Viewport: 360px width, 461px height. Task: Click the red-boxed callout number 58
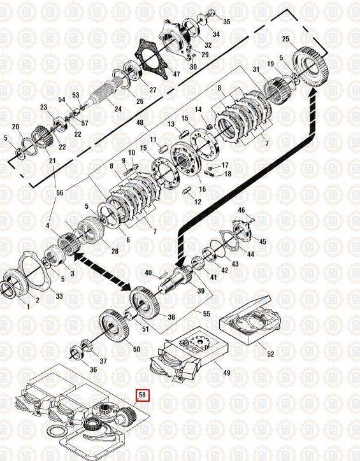(x=142, y=395)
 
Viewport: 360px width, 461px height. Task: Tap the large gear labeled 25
(x=310, y=68)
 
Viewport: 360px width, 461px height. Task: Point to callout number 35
(x=226, y=22)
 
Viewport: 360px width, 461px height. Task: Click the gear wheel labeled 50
(x=114, y=325)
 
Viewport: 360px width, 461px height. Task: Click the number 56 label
(x=60, y=192)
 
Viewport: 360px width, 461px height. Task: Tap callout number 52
(x=270, y=353)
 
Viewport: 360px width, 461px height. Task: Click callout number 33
(x=59, y=296)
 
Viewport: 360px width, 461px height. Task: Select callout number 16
(x=202, y=189)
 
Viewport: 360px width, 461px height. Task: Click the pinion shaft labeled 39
(x=176, y=280)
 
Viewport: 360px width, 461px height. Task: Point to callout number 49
(x=226, y=372)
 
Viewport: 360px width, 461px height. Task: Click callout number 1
(x=28, y=307)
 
